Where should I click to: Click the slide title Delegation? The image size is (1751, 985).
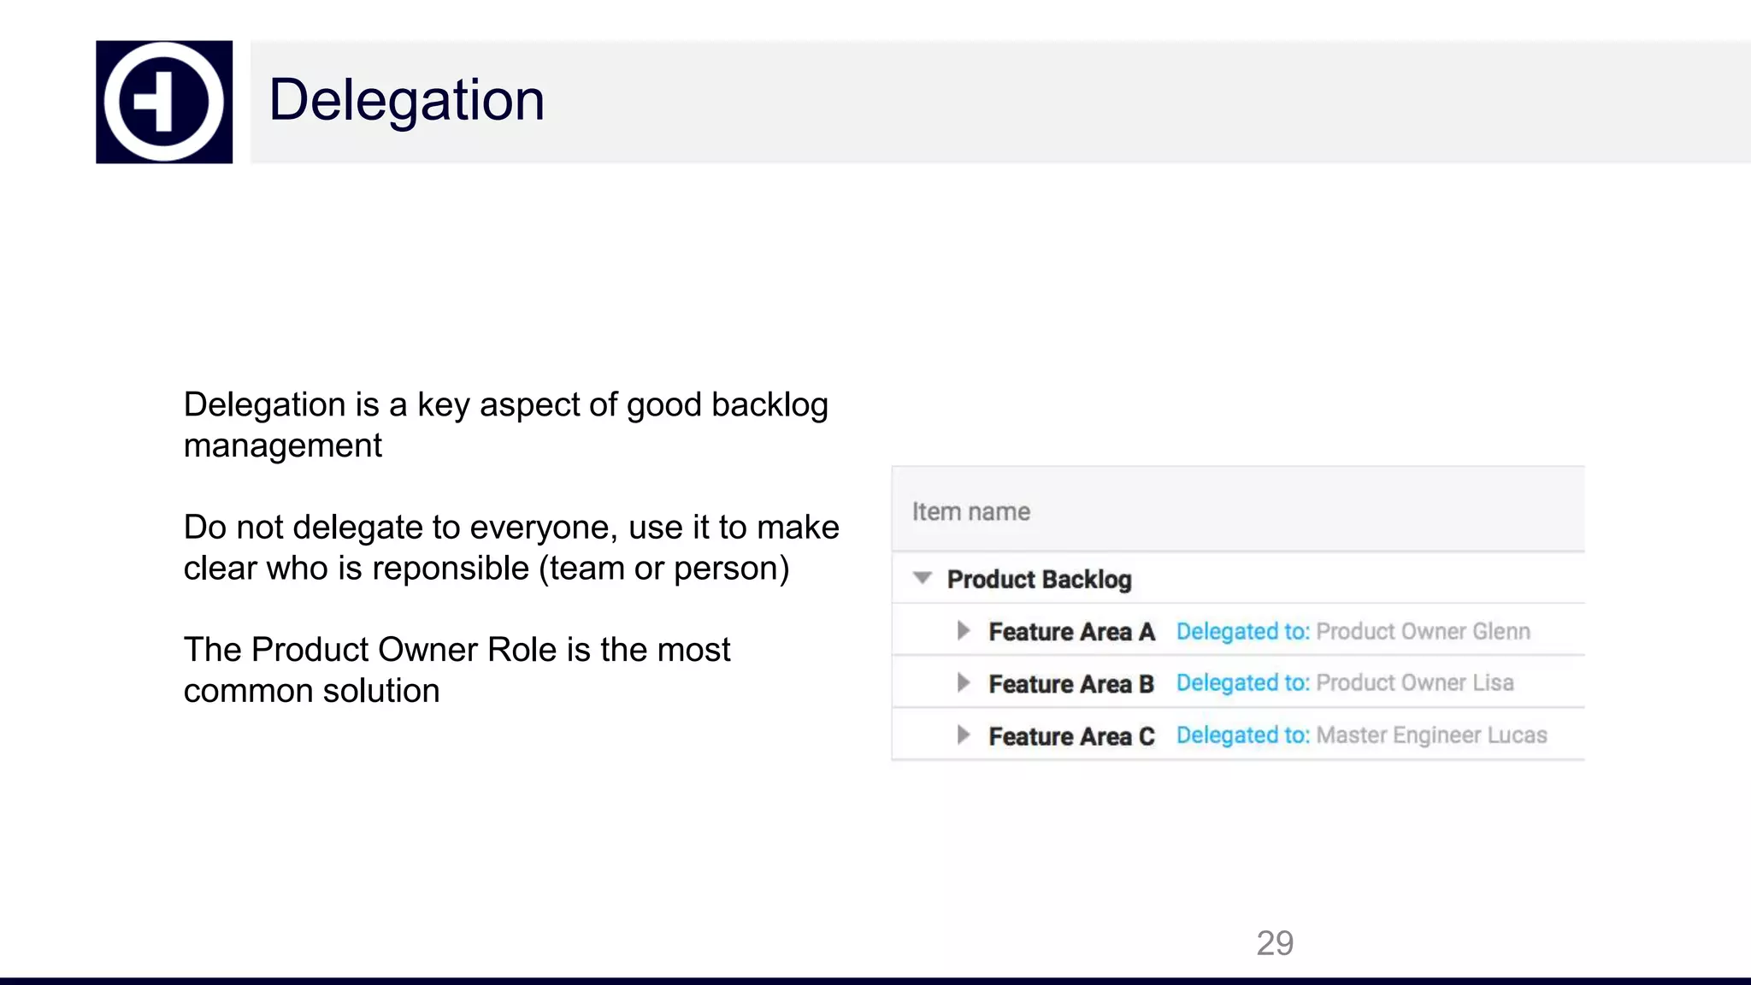[406, 100]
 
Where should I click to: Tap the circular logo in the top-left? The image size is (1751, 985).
[163, 102]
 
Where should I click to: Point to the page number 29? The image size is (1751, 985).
[1274, 943]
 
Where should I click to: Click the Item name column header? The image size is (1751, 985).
[970, 511]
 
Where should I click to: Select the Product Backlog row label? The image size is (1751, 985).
[1039, 580]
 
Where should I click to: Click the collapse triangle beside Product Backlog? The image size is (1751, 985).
[922, 578]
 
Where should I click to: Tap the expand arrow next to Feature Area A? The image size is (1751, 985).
[964, 631]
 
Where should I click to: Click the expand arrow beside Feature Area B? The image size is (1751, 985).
[964, 683]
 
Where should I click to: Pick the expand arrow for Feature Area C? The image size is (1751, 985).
[964, 735]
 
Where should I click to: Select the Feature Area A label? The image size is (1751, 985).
[1071, 632]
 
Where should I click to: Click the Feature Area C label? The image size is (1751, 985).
[1071, 736]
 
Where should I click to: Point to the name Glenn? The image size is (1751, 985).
[1500, 632]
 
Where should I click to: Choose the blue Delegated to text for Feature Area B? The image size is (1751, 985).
[1242, 683]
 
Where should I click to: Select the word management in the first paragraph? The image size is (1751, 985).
[282, 446]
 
